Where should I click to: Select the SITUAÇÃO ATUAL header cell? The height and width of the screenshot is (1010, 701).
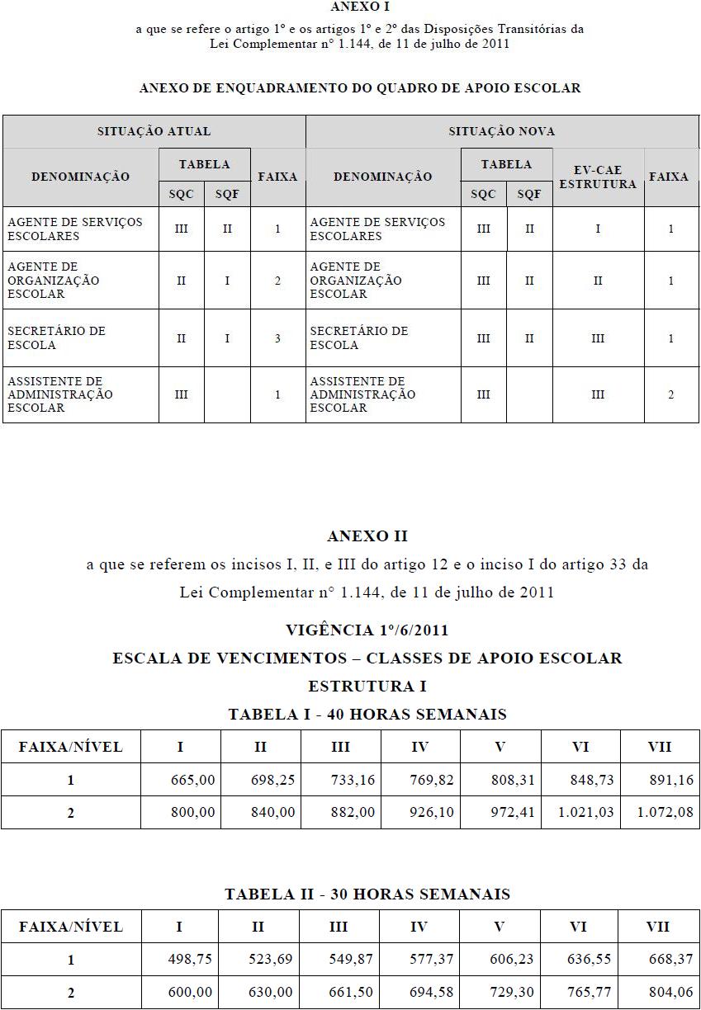click(x=154, y=131)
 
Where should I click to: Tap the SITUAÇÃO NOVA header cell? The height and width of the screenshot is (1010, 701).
click(x=501, y=131)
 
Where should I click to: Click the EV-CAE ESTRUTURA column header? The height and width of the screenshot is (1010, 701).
click(x=598, y=177)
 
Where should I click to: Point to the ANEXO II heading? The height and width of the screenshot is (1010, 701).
click(x=367, y=536)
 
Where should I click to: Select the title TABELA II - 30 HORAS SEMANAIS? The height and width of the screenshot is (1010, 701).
click(x=367, y=894)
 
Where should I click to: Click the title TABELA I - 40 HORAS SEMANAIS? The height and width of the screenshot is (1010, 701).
click(x=367, y=714)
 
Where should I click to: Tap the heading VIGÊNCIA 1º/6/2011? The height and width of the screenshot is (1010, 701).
click(x=367, y=630)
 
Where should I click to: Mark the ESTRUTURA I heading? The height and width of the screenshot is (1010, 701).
click(x=367, y=686)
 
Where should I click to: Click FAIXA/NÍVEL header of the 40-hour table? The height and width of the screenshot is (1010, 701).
click(x=71, y=748)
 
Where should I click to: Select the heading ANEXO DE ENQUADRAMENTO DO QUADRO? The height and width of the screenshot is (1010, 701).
click(x=360, y=87)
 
